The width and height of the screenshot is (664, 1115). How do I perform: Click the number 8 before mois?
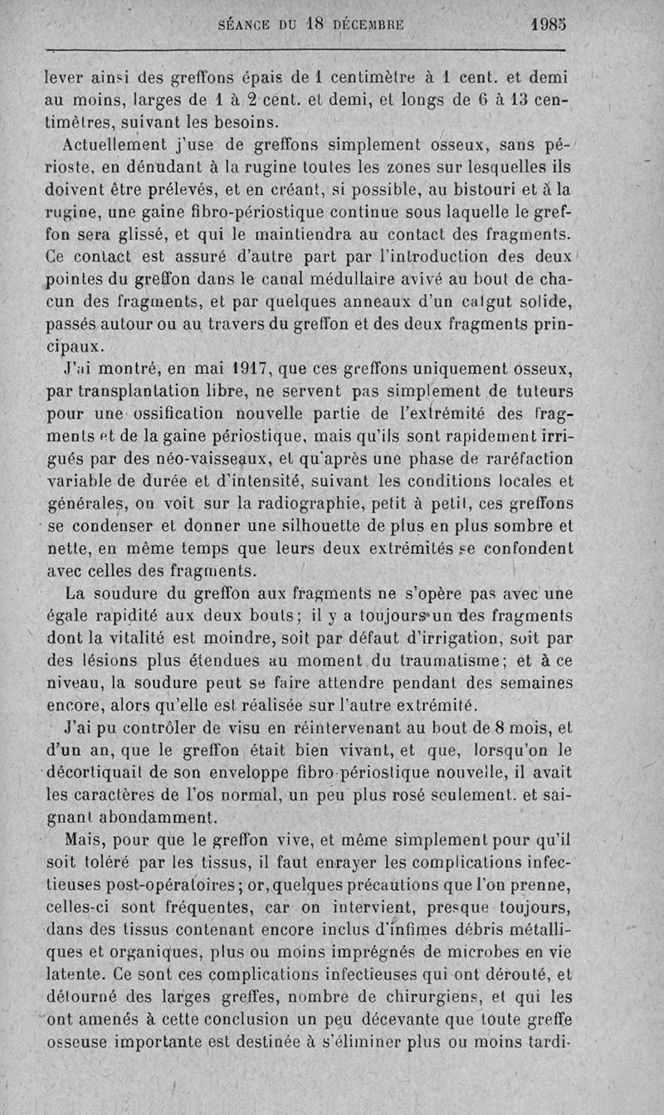[500, 729]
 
